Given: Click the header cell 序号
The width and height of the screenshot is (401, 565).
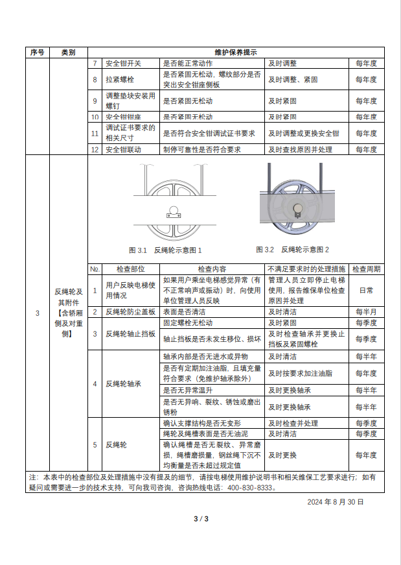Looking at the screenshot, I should [37, 53].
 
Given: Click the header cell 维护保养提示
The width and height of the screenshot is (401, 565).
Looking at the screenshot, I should [235, 53].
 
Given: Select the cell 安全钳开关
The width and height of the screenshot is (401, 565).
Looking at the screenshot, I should [123, 64].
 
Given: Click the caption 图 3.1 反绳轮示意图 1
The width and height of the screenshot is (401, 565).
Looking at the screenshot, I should [165, 250].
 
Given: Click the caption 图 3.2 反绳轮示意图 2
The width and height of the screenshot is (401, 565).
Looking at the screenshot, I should [292, 250].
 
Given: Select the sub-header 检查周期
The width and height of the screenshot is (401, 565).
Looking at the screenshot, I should [366, 269].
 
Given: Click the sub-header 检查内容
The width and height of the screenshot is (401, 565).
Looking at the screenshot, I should [212, 269].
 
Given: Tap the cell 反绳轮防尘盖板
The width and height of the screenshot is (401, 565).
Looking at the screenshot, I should [131, 312].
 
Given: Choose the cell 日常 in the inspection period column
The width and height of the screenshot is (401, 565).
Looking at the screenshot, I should [366, 291].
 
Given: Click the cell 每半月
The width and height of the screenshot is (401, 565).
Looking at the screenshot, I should [366, 312].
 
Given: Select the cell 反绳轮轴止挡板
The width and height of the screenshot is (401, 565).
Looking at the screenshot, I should [131, 333].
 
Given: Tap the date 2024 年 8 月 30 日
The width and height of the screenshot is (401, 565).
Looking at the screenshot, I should [335, 502].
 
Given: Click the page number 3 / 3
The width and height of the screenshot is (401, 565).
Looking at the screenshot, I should [201, 518].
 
